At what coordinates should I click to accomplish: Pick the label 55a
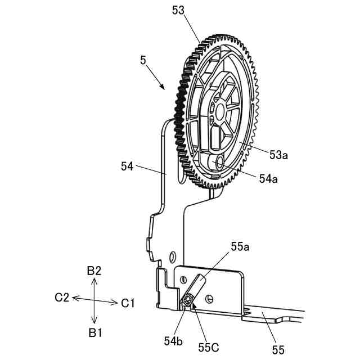coord(241,246)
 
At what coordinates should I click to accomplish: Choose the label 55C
coord(208,347)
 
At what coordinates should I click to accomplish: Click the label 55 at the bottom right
coord(278,350)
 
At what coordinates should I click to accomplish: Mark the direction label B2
coord(94,271)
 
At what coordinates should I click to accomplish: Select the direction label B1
coord(94,332)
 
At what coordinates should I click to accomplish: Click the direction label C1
coord(128,303)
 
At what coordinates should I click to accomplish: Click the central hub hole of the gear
coord(219,109)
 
